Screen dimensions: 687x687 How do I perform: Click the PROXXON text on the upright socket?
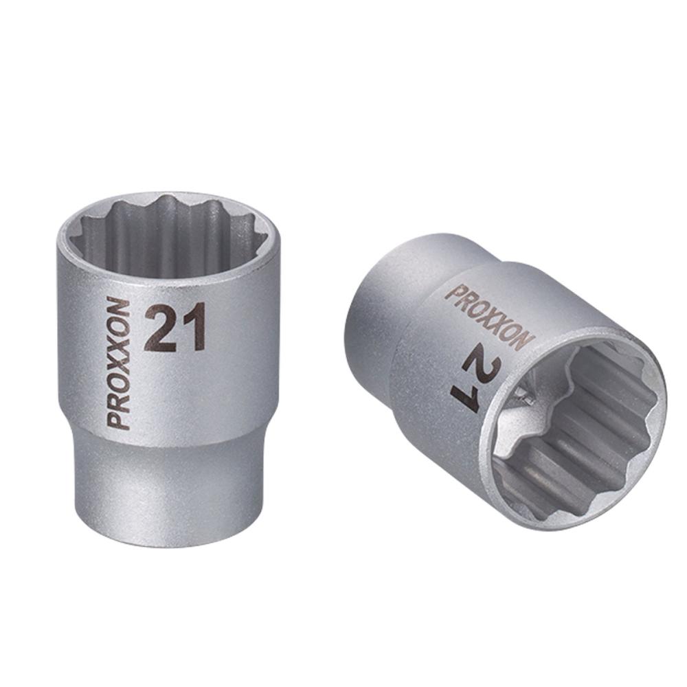pos(118,363)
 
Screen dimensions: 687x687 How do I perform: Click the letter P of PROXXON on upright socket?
pos(118,420)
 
